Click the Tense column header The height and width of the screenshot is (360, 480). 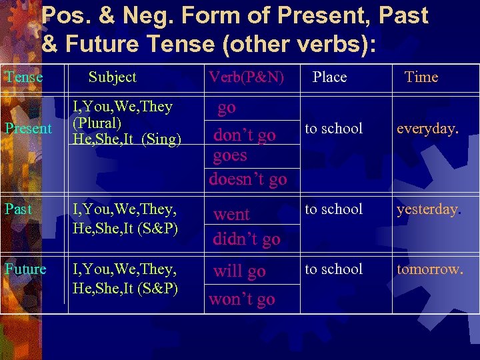[23, 77]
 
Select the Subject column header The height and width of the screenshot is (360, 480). [112, 77]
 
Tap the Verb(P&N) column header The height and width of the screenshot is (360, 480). [247, 77]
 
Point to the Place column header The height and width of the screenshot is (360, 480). [330, 77]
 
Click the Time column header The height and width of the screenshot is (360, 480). [421, 77]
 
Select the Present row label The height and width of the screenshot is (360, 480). [28, 129]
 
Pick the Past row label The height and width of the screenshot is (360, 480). [18, 209]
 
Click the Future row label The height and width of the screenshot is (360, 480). [25, 269]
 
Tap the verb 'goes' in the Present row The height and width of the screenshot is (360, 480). [230, 156]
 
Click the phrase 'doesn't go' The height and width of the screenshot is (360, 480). [247, 179]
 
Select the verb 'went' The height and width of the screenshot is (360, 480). [231, 215]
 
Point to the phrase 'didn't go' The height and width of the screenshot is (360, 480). [247, 239]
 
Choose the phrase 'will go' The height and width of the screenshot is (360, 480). [239, 271]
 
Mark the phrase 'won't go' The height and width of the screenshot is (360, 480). [242, 299]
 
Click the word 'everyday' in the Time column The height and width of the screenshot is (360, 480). [426, 129]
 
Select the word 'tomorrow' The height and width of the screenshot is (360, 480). [429, 269]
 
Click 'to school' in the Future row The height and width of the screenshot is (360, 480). [333, 269]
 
